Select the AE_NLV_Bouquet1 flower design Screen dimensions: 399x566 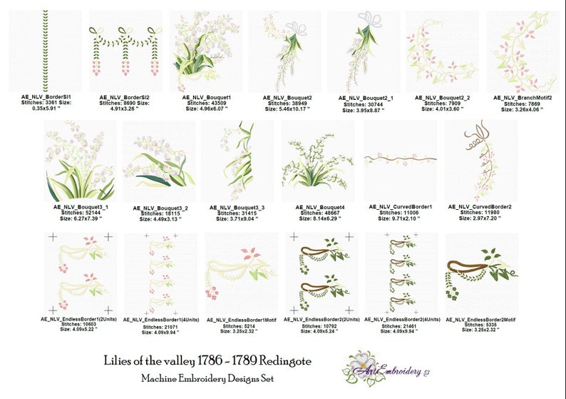click(x=206, y=51)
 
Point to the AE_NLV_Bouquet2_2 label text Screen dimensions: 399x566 click(x=443, y=98)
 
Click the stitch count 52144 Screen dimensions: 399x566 click(x=81, y=212)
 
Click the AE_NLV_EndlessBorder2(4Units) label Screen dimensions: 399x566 click(x=401, y=320)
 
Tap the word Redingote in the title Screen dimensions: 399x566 click(x=283, y=362)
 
